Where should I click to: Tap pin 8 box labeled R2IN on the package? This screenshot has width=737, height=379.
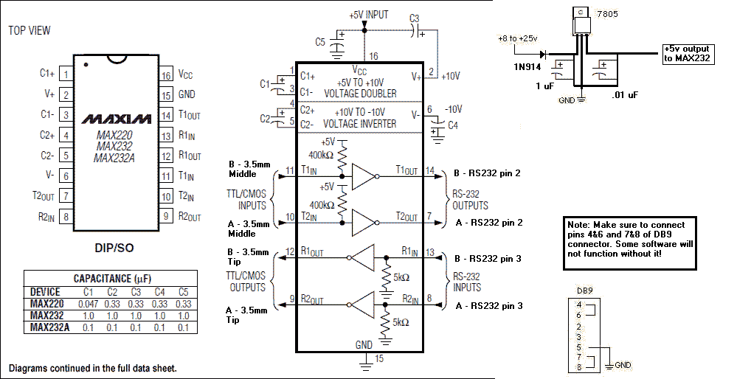click(x=66, y=217)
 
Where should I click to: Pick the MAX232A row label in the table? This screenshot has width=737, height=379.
click(x=50, y=327)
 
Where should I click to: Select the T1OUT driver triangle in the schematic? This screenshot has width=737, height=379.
click(x=364, y=176)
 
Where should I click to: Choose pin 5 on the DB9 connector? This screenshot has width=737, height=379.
click(x=580, y=347)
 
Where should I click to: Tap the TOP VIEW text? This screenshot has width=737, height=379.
click(x=30, y=30)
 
